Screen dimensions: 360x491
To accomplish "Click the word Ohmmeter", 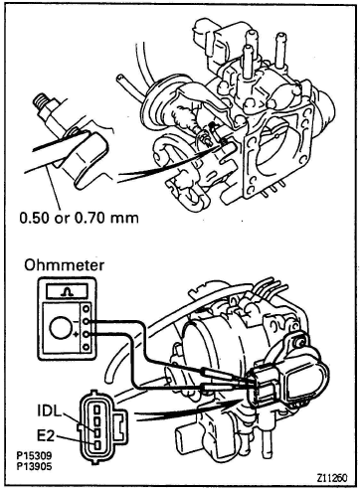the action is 64,265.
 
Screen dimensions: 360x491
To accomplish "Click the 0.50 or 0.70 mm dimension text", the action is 79,218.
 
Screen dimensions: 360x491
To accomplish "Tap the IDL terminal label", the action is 49,412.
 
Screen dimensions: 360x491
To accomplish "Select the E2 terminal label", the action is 46,436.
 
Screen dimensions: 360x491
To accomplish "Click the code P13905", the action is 35,466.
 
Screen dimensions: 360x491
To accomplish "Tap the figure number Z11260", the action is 332,478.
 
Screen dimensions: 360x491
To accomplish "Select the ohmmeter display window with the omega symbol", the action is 68,291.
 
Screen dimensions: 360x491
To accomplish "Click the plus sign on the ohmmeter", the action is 77,335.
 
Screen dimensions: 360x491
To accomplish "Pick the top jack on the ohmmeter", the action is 87,308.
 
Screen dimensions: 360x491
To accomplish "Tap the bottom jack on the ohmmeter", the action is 87,347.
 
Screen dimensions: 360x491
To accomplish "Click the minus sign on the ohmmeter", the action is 77,321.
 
